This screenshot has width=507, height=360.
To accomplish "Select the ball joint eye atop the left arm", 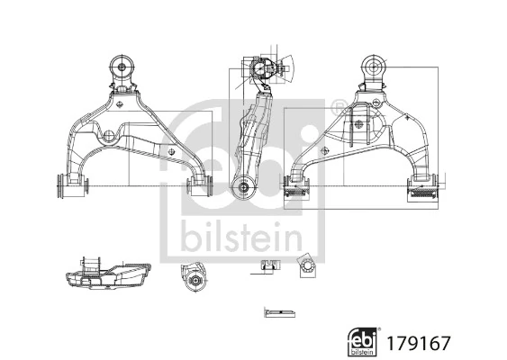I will (x=122, y=67).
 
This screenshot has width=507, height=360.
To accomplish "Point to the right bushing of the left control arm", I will (x=199, y=185).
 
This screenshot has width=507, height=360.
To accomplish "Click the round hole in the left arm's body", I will (x=109, y=136).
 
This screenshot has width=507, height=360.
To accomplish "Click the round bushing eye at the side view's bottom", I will (x=241, y=187).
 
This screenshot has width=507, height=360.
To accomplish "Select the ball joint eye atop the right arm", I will (x=374, y=66).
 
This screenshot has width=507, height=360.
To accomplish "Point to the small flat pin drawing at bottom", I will (x=279, y=312).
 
